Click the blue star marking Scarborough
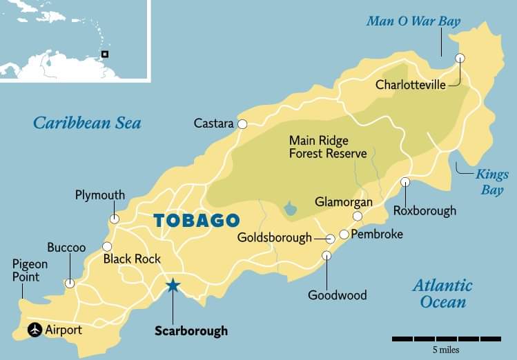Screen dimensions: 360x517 tap(173, 286)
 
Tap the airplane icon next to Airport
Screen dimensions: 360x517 tap(34, 330)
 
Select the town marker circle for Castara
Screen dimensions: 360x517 tap(242, 124)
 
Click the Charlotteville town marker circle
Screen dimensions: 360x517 tap(460, 58)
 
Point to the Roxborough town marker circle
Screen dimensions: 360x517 tap(405, 182)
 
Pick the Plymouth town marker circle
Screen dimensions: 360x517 tap(114, 219)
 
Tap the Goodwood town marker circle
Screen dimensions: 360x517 tap(326, 256)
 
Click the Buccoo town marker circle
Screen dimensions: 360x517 tap(70, 283)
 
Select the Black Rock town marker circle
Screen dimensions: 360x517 tap(107, 246)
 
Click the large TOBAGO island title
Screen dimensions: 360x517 tap(196, 221)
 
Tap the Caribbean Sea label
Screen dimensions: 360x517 tap(87, 123)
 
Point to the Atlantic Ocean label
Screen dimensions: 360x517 tap(442, 293)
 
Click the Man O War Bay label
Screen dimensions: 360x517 tap(413, 21)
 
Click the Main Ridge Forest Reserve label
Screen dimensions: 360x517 tap(327, 147)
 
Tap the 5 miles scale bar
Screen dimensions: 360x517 tap(447, 339)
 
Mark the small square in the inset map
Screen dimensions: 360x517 tap(105, 54)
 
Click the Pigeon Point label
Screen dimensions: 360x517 tap(30, 270)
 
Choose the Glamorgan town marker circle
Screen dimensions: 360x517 tap(358, 217)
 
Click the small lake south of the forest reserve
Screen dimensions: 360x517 tap(291, 208)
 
